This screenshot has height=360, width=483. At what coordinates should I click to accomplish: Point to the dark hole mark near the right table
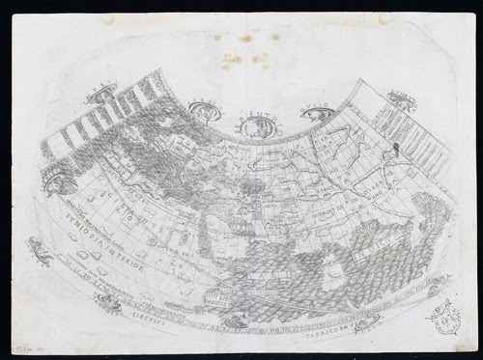395,152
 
